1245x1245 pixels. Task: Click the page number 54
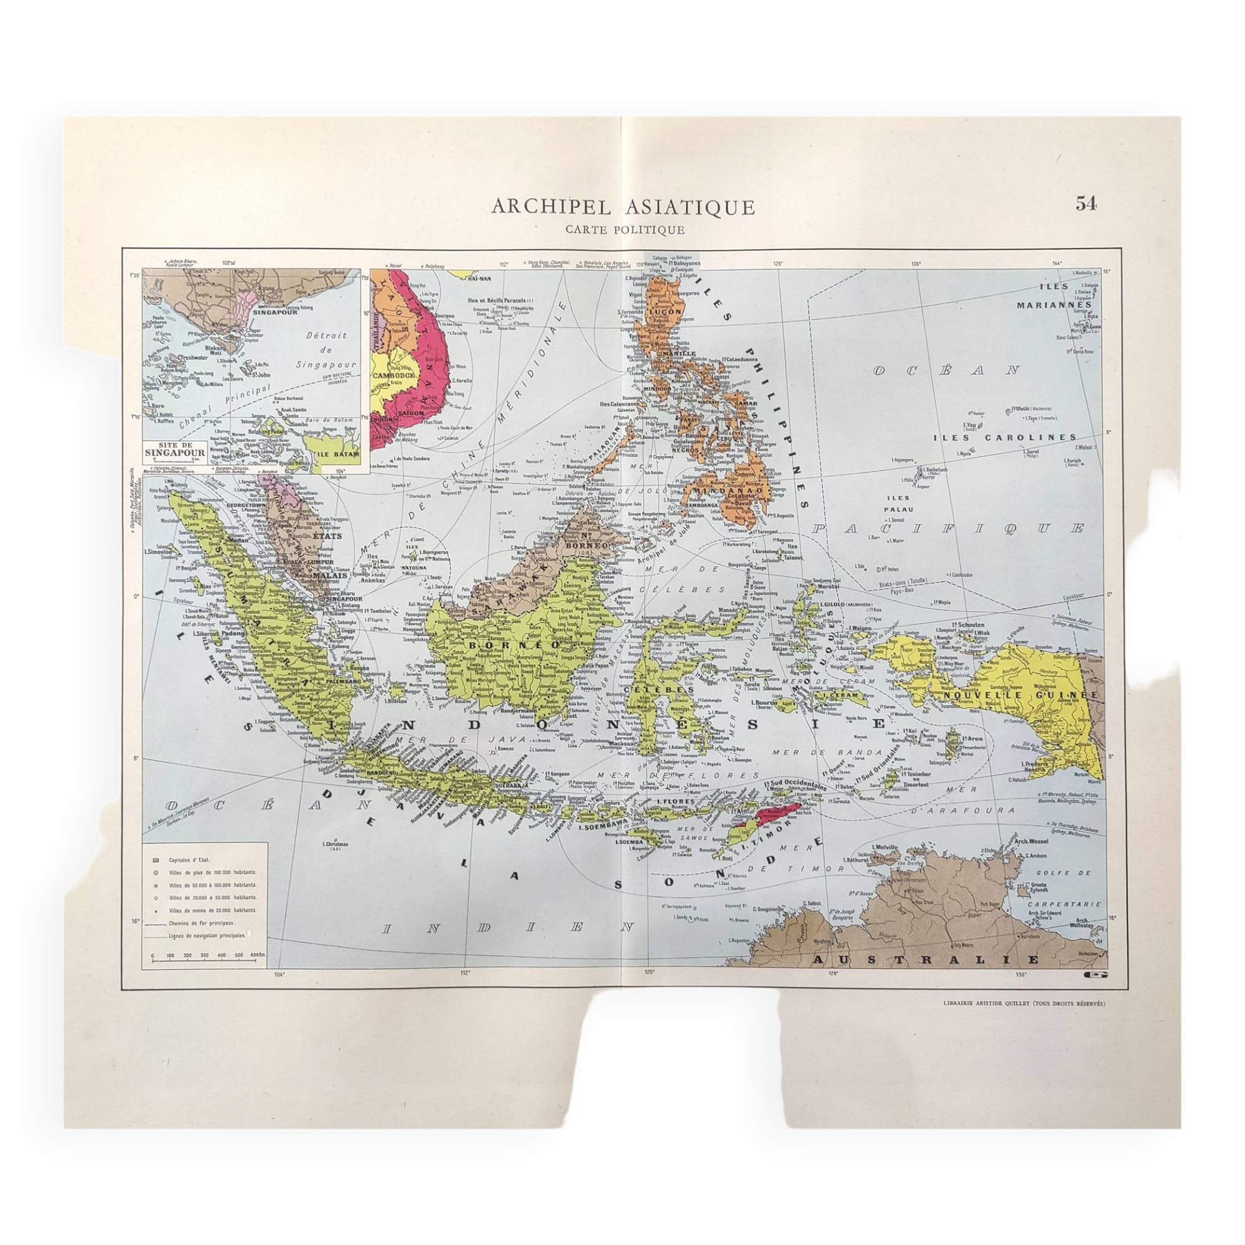click(x=1085, y=204)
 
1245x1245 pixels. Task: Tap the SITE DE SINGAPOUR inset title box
click(x=176, y=449)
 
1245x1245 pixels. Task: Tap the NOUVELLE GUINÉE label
click(x=1022, y=696)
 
